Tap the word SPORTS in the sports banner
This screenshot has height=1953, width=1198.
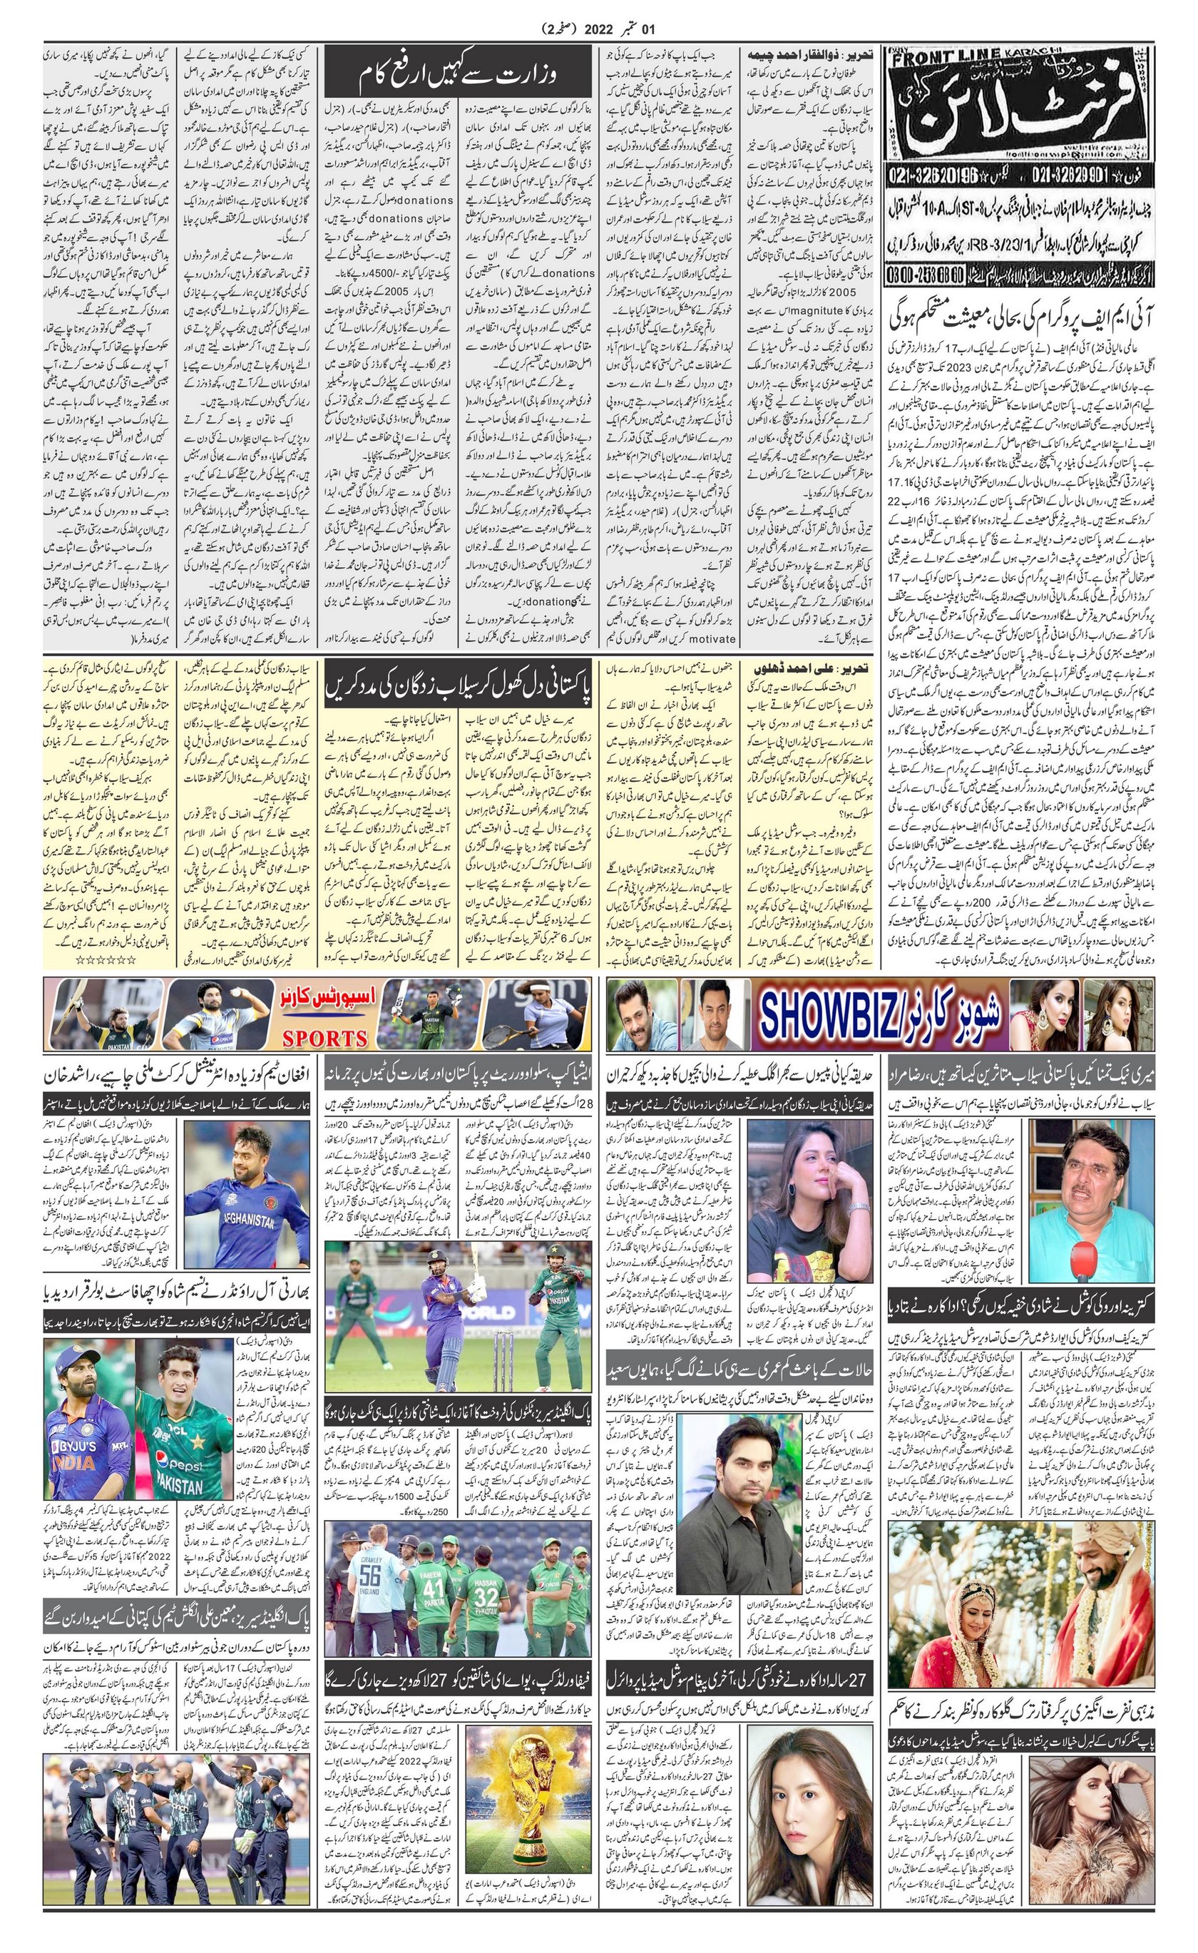(325, 1038)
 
